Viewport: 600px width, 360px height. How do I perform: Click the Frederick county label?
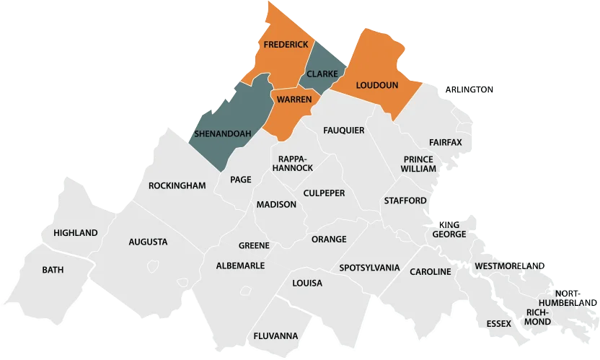point(286,45)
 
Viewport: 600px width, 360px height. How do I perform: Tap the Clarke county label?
point(322,74)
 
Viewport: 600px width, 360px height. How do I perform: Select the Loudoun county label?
point(377,85)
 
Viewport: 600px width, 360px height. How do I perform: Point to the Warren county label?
point(294,99)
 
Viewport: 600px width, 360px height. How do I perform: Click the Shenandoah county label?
point(223,133)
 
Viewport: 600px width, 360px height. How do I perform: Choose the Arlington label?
point(469,89)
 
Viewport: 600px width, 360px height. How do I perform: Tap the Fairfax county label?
point(445,142)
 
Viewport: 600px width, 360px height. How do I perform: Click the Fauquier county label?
point(344,131)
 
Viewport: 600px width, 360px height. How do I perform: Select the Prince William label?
point(419,164)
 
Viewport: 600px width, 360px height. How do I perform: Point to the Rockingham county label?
point(177,185)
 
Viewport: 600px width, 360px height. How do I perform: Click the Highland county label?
point(76,233)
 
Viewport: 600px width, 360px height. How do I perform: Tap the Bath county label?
point(53,270)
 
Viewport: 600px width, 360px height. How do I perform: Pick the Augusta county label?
point(148,242)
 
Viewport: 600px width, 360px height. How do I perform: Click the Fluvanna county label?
point(275,336)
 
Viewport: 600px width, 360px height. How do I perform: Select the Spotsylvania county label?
point(369,268)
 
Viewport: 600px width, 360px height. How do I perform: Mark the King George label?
point(449,229)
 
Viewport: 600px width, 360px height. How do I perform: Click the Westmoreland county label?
point(510,266)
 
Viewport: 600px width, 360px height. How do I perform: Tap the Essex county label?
point(498,323)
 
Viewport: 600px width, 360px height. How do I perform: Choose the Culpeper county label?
point(324,193)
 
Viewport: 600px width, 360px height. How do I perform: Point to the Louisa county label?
point(307,283)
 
